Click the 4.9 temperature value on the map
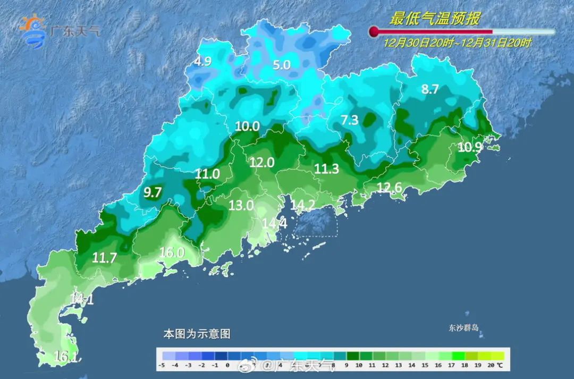(202, 62)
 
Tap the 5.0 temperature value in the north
(282, 65)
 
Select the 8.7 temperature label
(430, 89)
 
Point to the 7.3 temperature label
(350, 120)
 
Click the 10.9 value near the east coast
(469, 148)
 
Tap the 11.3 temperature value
(327, 169)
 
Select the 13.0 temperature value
(241, 205)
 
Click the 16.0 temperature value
(172, 252)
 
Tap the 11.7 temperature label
(104, 258)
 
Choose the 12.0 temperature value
(261, 163)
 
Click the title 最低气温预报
(435, 19)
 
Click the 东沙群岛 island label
(463, 328)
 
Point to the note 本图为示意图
(197, 334)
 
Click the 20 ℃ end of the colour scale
(495, 366)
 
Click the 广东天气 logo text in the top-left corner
(74, 31)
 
